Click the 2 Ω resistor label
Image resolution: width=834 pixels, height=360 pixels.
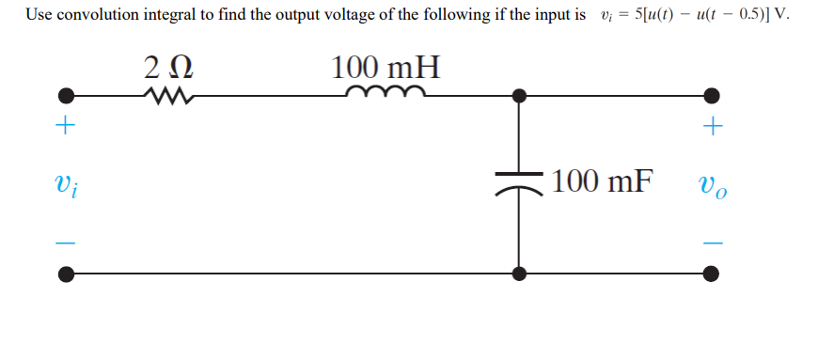170,68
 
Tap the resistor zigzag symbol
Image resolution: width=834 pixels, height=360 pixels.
169,95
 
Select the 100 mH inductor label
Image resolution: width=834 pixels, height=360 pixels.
386,68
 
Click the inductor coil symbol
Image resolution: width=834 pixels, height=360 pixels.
386,92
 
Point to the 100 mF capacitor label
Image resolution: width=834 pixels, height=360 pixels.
602,180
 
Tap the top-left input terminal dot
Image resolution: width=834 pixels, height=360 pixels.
65,95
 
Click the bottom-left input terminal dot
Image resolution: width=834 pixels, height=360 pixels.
65,274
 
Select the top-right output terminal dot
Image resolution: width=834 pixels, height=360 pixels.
713,95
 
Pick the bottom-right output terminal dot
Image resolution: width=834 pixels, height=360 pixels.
713,274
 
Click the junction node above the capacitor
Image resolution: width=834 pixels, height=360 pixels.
518,95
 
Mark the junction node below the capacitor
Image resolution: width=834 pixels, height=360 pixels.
518,274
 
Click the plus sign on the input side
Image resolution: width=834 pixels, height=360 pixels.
65,127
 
